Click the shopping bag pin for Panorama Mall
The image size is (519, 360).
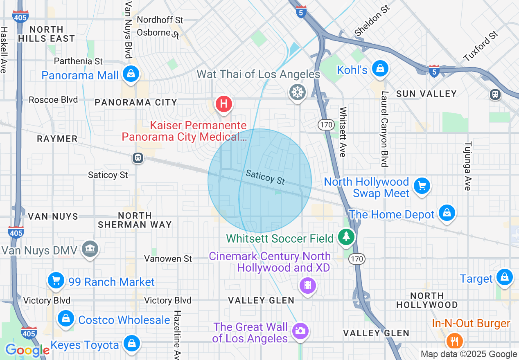point(130,74)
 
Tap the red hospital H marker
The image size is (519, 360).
point(223,103)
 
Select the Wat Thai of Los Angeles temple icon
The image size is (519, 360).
point(297,92)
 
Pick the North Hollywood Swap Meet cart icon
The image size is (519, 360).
point(422,186)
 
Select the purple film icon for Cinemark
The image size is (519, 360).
point(308,285)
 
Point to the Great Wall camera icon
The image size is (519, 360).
point(300,330)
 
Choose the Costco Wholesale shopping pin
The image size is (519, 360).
point(65,318)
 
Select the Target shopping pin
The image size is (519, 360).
point(505,277)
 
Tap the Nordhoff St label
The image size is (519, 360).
point(160,20)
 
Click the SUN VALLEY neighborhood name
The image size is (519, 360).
point(426,94)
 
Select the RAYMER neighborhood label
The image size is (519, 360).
point(57,139)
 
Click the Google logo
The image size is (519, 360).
point(27,350)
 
